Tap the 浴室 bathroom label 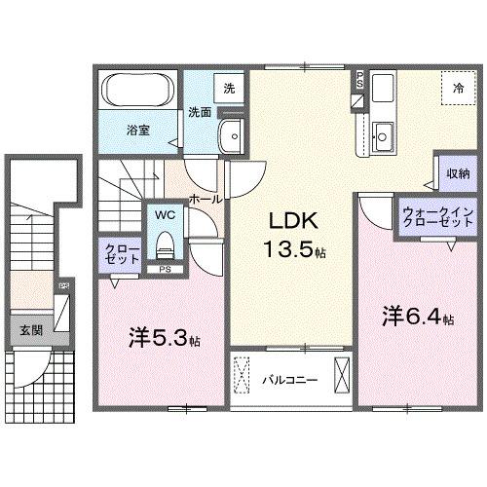135,129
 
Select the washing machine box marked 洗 229,89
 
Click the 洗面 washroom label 199,111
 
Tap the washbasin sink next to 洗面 232,137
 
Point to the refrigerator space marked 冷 456,88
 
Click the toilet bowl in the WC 165,241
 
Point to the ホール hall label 207,198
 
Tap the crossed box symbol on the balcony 342,377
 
